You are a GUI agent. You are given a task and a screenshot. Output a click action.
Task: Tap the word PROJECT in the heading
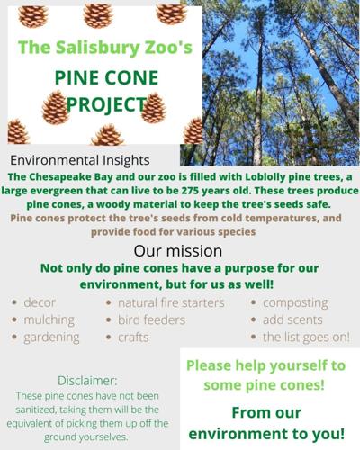100,105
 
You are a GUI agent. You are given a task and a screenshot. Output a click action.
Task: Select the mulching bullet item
49,319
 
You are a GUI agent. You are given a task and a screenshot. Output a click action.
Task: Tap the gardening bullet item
51,337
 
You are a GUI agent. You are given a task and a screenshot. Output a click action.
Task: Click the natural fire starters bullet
170,302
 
